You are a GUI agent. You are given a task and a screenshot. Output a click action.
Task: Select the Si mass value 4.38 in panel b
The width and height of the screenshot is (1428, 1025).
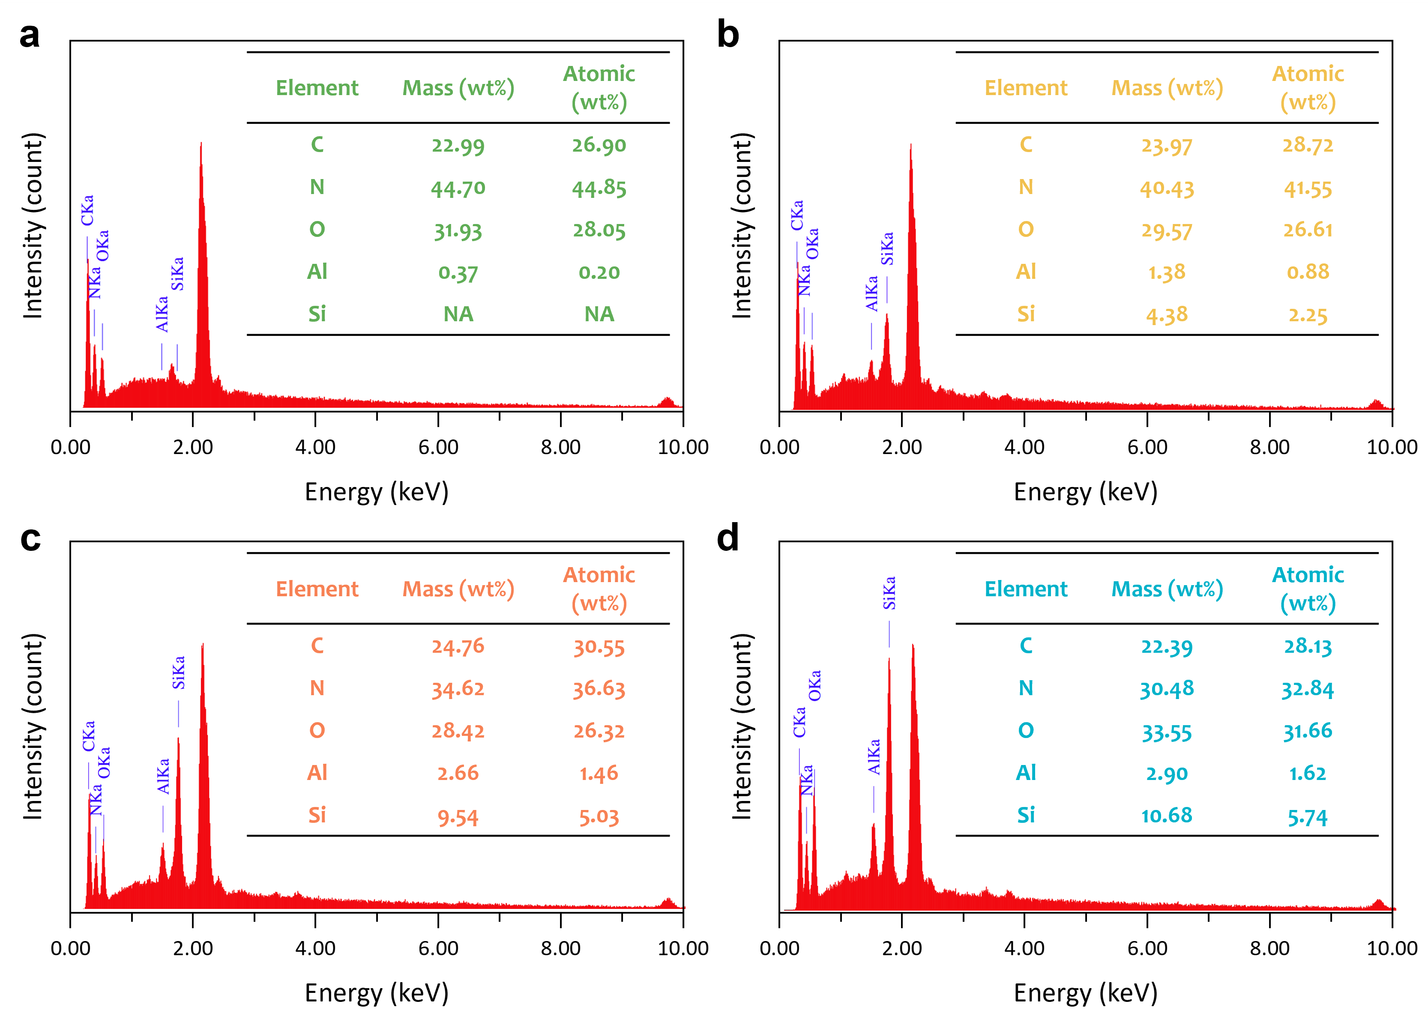1167,314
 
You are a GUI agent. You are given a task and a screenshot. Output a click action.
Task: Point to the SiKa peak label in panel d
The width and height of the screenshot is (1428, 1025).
889,593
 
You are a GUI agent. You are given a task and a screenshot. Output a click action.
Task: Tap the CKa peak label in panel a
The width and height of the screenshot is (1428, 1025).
87,210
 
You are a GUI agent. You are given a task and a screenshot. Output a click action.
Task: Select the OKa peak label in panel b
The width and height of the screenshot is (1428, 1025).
812,244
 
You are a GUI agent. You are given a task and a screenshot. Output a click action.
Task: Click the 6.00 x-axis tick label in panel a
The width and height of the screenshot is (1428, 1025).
438,447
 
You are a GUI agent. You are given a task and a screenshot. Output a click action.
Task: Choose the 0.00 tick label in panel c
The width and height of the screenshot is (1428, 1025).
71,948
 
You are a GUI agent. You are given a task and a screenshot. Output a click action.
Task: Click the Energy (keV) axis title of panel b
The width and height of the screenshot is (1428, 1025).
1086,492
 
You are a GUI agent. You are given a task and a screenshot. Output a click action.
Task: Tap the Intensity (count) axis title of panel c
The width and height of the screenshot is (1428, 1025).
33,726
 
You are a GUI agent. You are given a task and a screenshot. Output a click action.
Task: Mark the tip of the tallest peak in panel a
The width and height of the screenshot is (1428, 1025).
201,143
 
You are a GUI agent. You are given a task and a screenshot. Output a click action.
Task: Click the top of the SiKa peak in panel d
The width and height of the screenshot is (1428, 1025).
889,659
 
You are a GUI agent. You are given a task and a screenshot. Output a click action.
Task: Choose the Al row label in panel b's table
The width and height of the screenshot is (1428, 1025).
1026,272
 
